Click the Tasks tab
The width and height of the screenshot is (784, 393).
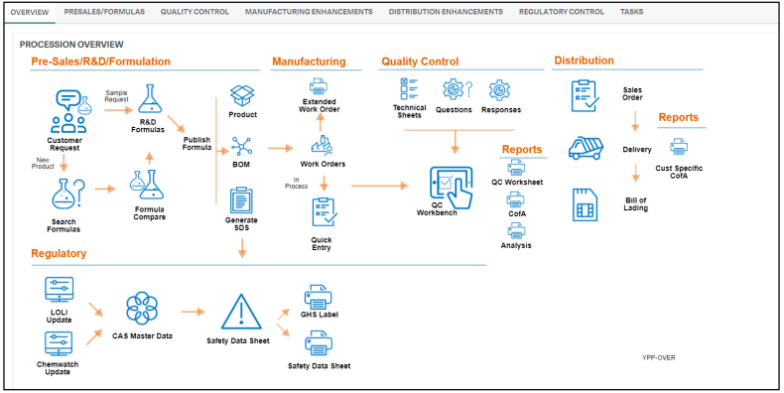[631, 12]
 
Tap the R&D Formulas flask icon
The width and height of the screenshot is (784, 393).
[149, 98]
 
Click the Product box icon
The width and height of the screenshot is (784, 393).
[242, 95]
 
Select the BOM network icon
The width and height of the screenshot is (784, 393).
[242, 146]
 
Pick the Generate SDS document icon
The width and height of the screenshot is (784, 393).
[242, 198]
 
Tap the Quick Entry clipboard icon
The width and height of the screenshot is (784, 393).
[322, 211]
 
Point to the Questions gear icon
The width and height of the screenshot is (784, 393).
[454, 90]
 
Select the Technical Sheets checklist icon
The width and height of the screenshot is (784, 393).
[409, 88]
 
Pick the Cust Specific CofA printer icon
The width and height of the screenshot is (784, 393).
[679, 147]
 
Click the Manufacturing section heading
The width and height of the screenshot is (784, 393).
[309, 62]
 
